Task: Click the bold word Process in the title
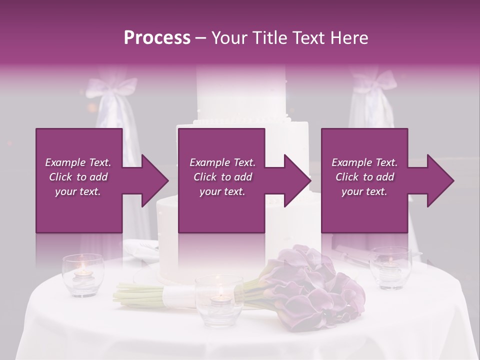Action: pos(157,38)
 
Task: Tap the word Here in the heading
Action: pos(349,38)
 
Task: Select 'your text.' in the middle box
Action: pos(222,191)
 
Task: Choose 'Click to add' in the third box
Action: pos(364,177)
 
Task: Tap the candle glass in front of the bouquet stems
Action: pos(219,299)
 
